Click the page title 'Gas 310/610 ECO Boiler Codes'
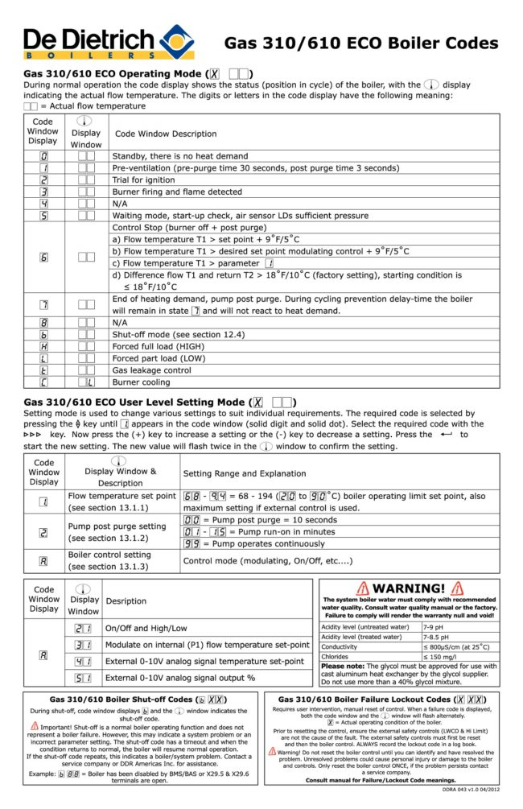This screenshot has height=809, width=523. [360, 43]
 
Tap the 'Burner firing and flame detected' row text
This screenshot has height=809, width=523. [177, 192]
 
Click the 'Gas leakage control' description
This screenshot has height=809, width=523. [151, 370]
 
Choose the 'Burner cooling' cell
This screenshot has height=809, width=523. [142, 382]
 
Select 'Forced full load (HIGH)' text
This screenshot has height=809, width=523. [159, 346]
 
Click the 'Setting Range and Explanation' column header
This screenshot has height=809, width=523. [244, 473]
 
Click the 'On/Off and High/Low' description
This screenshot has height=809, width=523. [146, 628]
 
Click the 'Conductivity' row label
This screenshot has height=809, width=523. [340, 646]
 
